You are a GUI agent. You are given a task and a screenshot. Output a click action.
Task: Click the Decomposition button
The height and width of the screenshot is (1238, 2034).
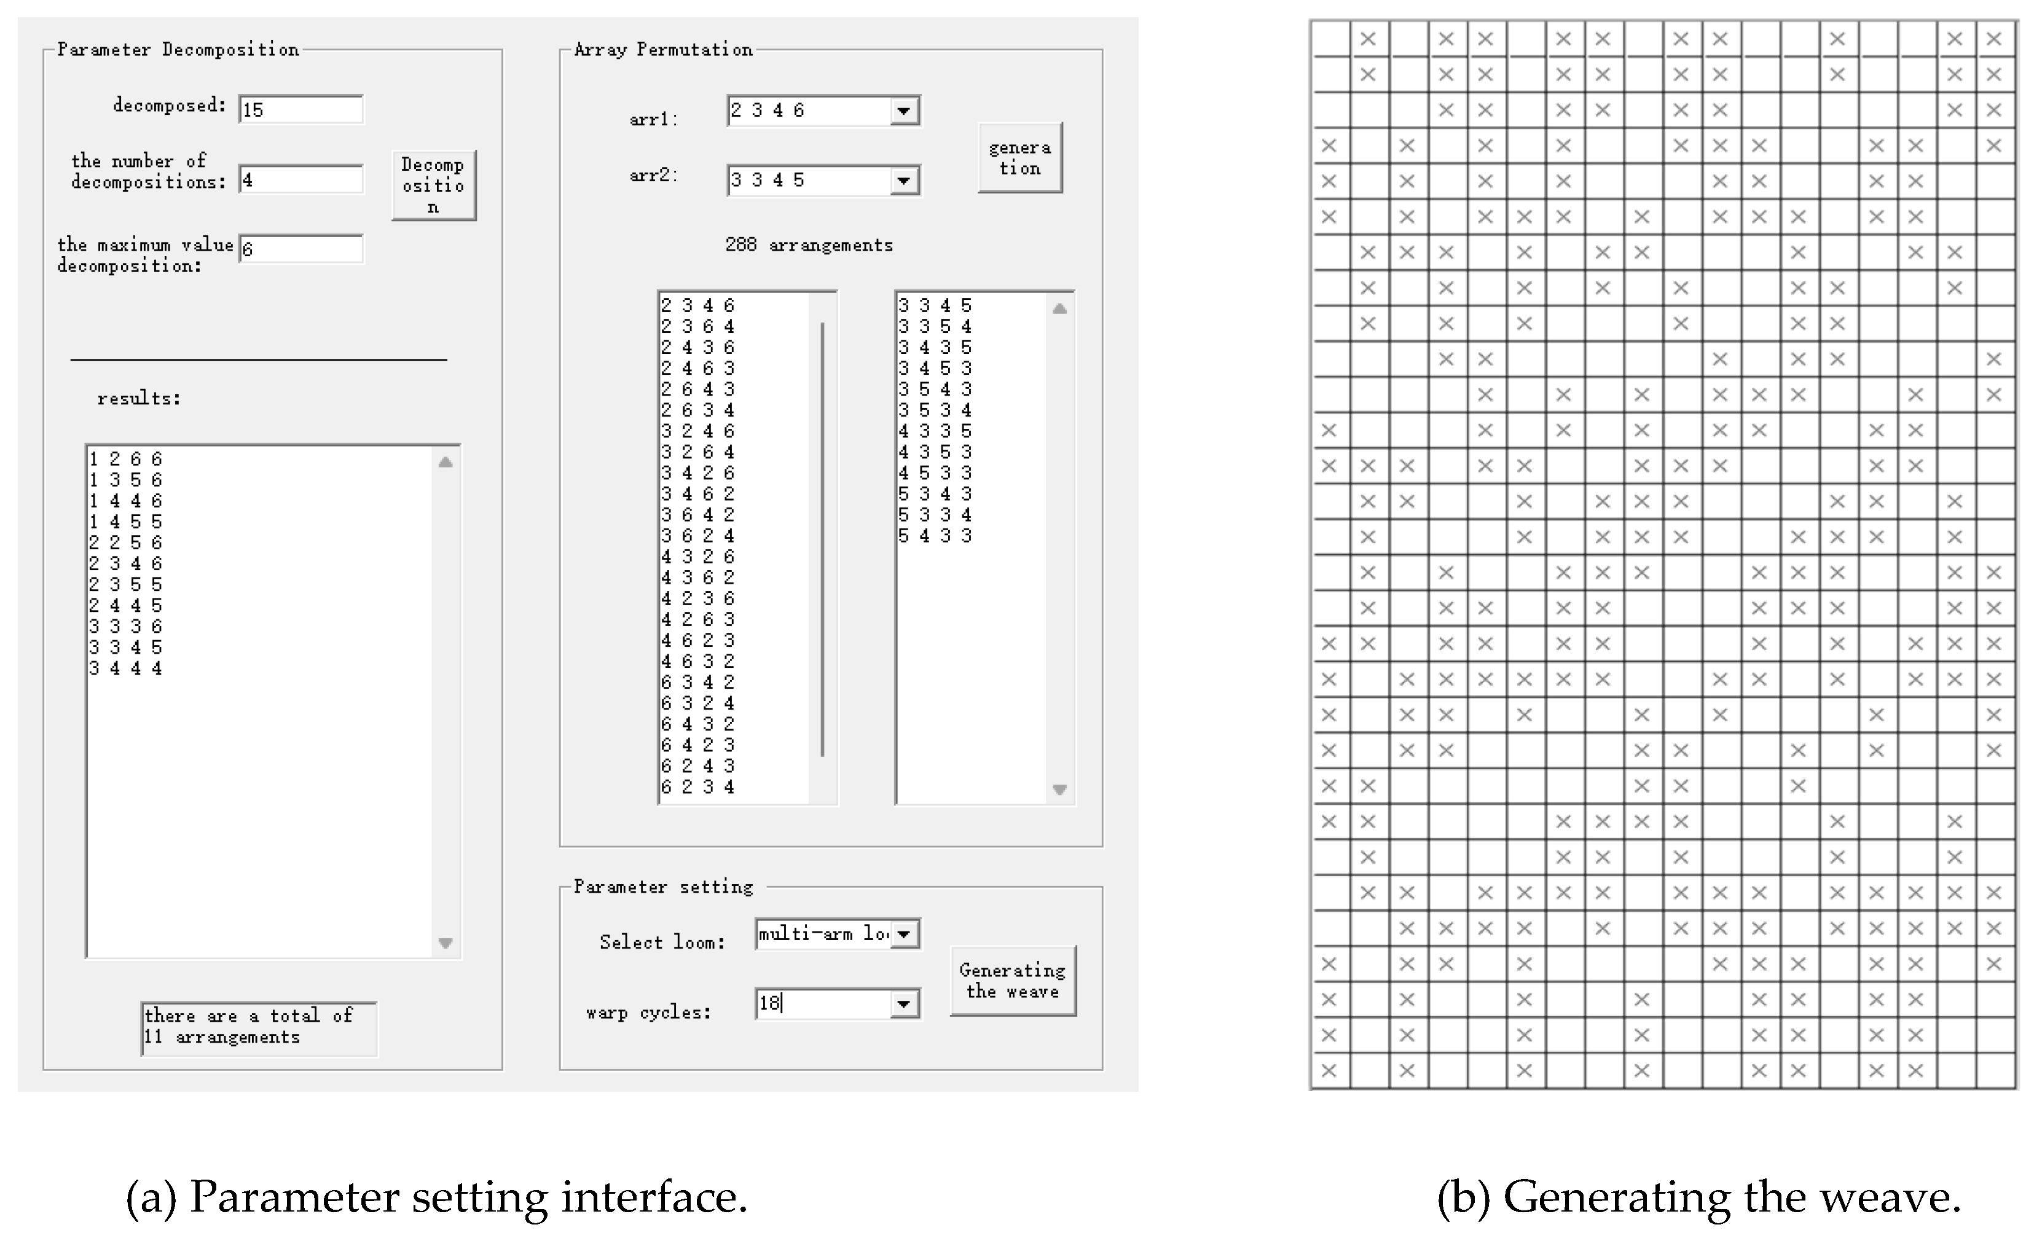(x=433, y=185)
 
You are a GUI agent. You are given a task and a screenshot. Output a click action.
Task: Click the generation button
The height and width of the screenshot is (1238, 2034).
(x=1019, y=158)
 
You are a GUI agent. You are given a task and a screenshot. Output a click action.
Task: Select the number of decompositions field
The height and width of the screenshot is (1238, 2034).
(x=300, y=180)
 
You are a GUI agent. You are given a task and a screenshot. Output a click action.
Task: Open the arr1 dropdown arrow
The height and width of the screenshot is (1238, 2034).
(x=905, y=111)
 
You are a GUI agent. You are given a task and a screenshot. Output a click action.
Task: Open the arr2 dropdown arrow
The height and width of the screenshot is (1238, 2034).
(x=905, y=181)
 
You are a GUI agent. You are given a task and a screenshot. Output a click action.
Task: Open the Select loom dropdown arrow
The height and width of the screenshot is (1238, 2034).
(x=905, y=934)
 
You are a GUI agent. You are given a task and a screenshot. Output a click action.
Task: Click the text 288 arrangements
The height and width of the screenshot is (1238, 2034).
(x=809, y=245)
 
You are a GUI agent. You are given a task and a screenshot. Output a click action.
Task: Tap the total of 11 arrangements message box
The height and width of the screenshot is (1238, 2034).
(x=258, y=1027)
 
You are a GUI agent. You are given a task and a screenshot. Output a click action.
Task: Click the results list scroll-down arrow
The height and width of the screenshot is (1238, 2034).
(x=446, y=942)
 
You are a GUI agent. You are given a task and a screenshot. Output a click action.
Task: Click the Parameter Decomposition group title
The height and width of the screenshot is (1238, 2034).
(x=178, y=50)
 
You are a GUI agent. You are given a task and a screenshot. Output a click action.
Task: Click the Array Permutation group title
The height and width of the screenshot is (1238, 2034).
(x=663, y=50)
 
